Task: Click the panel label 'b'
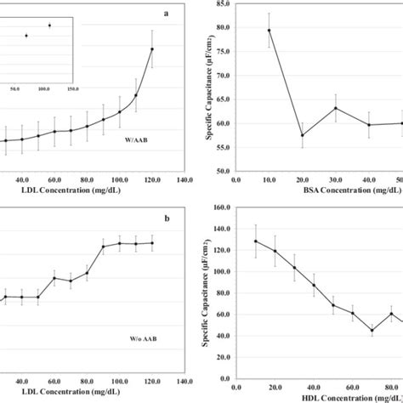tap(167, 218)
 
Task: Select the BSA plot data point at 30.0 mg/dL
tap(311, 108)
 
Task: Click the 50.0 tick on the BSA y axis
tap(222, 171)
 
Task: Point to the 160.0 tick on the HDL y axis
tap(220, 206)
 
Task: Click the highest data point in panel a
tap(152, 48)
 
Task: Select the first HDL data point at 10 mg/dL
tap(255, 241)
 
